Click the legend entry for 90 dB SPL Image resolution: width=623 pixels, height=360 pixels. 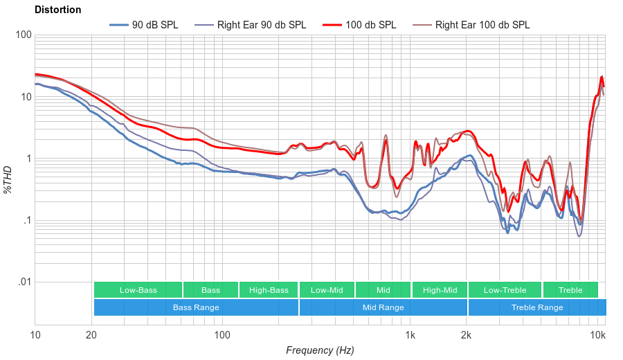tap(154, 25)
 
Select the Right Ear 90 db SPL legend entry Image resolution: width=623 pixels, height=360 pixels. tap(261, 25)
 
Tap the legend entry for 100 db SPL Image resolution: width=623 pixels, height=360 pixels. tap(370, 25)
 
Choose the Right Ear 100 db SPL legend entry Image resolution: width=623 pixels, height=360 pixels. tap(482, 25)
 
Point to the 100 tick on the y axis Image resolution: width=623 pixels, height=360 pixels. tap(23, 35)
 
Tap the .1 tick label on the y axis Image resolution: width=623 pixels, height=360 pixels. tap(25, 221)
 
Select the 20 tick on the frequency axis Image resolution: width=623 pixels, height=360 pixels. tap(91, 336)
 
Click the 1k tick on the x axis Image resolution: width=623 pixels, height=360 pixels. tap(410, 336)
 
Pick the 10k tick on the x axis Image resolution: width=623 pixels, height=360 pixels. tap(598, 336)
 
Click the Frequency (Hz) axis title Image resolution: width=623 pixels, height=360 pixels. tap(320, 350)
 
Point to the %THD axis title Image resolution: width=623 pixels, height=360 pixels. tap(9, 179)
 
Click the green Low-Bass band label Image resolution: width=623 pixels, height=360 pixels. tap(138, 290)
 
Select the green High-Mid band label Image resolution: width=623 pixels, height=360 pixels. tap(440, 290)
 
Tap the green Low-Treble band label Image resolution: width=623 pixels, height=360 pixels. tap(505, 290)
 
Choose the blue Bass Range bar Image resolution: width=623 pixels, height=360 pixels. tap(196, 307)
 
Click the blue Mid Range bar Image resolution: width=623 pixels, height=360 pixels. tap(383, 307)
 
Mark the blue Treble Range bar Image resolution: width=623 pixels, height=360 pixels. tap(536, 307)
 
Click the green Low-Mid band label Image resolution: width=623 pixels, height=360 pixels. tap(327, 290)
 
